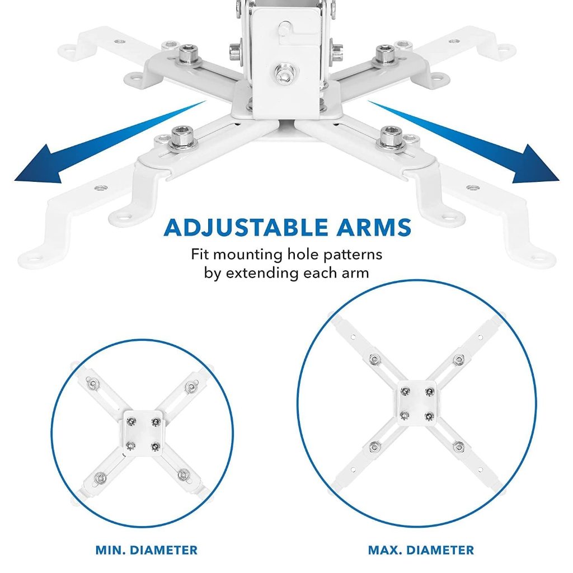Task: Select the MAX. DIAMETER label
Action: pyautogui.click(x=421, y=550)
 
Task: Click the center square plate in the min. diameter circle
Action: pyautogui.click(x=142, y=431)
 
